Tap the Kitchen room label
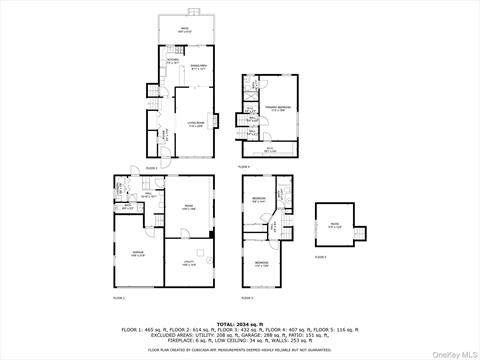pyautogui.click(x=172, y=60)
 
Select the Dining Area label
pyautogui.click(x=199, y=67)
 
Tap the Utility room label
pyautogui.click(x=189, y=264)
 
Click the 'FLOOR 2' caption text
pyautogui.click(x=150, y=167)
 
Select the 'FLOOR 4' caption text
pyautogui.click(x=245, y=167)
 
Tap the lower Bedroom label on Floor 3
pyautogui.click(x=261, y=265)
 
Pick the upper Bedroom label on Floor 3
pyautogui.click(x=258, y=199)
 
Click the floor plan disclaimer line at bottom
pyautogui.click(x=240, y=350)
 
